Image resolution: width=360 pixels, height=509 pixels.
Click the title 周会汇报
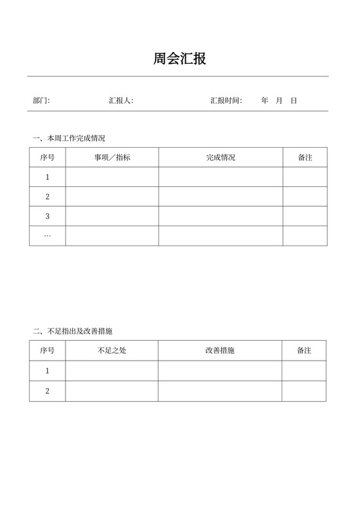(x=180, y=60)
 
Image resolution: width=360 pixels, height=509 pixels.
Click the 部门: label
(x=41, y=101)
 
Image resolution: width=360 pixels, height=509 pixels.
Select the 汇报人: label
(x=121, y=101)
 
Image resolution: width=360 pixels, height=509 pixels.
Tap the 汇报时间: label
(x=226, y=101)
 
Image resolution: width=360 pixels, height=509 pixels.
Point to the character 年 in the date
(x=265, y=101)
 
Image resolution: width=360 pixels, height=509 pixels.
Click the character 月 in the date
(x=279, y=101)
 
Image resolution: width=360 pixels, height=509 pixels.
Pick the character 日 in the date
(x=294, y=101)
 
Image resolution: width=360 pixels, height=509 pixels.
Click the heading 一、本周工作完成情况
(x=69, y=138)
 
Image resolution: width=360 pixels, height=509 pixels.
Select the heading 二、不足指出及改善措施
(x=76, y=331)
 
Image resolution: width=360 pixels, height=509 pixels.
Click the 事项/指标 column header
(x=112, y=157)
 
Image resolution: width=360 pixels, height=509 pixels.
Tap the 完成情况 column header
(x=221, y=157)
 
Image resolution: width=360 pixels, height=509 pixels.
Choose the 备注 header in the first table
(x=305, y=157)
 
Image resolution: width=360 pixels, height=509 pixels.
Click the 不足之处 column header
(x=112, y=351)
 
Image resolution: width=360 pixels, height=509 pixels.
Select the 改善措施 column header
(x=220, y=351)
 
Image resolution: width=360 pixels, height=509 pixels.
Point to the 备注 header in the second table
(x=304, y=351)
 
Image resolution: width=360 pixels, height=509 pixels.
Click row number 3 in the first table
(x=48, y=216)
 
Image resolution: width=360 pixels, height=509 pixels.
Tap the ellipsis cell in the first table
(x=48, y=236)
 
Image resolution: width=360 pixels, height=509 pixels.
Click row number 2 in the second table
(x=48, y=391)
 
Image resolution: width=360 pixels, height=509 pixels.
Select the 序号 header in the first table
(x=48, y=157)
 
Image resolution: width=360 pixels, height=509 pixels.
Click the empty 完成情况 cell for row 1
(x=221, y=177)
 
